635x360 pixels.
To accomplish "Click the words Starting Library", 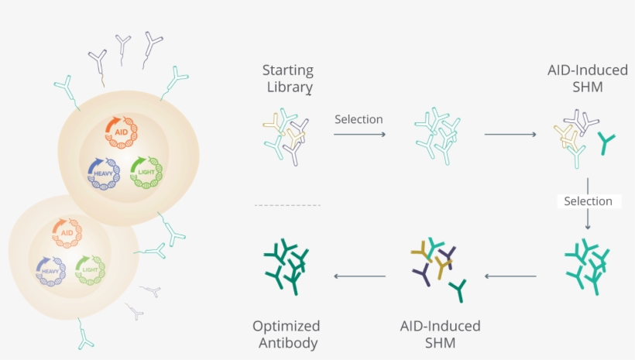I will [x=287, y=78].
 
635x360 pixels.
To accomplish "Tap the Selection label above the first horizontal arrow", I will [x=359, y=119].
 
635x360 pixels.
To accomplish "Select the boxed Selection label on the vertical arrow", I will [x=588, y=201].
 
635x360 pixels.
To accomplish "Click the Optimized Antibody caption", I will [x=287, y=334].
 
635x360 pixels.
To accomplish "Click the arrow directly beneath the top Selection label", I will [x=359, y=135].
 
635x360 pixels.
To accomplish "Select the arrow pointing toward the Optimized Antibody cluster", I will [x=360, y=276].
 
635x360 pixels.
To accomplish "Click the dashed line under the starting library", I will [x=287, y=205].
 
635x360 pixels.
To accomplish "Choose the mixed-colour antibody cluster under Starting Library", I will [x=286, y=135].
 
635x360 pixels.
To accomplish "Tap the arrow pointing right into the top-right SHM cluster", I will [x=510, y=135].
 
